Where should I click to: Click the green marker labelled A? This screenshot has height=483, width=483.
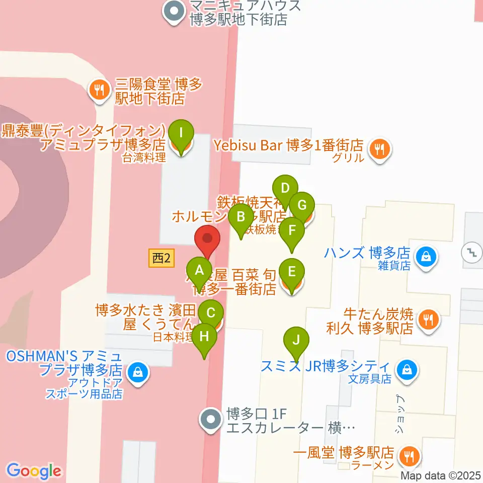(x=200, y=272)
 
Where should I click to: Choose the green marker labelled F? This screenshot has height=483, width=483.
(x=292, y=232)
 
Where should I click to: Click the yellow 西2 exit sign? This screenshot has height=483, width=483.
(x=162, y=259)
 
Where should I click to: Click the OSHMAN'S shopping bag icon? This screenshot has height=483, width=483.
(x=136, y=373)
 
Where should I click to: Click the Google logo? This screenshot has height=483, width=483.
(x=34, y=471)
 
